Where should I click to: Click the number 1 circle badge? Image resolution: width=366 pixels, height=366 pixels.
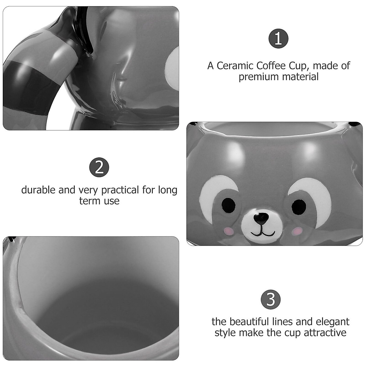[278, 38]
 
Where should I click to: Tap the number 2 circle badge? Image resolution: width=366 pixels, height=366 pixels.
[99, 167]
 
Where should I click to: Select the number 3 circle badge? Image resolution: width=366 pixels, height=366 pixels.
[271, 299]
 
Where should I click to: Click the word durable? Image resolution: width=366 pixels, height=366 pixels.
[38, 190]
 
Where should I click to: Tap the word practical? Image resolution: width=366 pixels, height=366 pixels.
[120, 190]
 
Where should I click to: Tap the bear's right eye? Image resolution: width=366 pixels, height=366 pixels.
[299, 207]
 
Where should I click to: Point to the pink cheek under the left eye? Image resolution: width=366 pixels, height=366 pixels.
[228, 231]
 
